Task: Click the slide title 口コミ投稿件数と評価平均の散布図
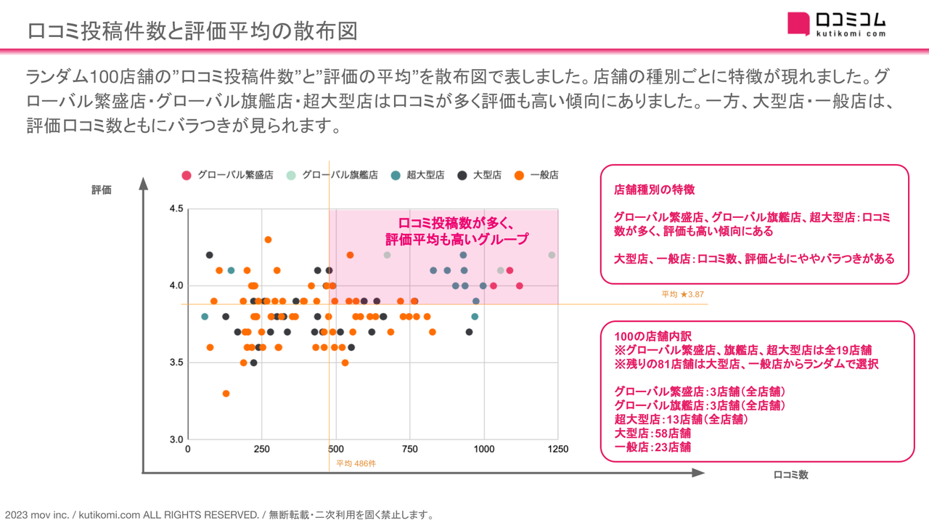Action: (192, 31)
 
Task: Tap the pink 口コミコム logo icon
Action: (798, 23)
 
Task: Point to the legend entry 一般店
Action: (537, 175)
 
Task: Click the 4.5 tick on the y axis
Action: (176, 209)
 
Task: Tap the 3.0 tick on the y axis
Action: (176, 439)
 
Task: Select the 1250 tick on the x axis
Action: (558, 450)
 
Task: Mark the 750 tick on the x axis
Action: (410, 450)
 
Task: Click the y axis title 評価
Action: (102, 190)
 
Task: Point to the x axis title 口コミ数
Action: (790, 475)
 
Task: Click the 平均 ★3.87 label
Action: (682, 295)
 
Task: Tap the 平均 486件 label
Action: (356, 463)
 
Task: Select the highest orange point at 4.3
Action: (268, 240)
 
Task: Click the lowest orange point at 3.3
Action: (226, 394)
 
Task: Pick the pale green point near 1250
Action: (552, 255)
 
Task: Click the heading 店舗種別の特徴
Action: (654, 190)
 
